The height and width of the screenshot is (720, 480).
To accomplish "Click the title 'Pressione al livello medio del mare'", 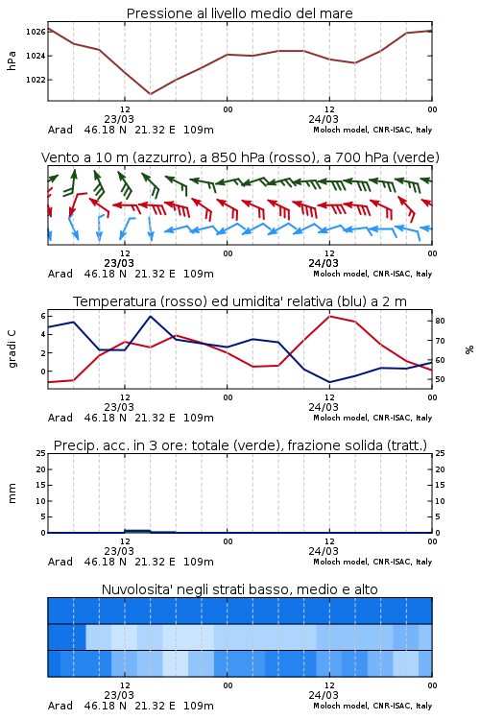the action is [239, 13].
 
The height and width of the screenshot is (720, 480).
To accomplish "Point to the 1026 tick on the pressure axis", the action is [36, 32].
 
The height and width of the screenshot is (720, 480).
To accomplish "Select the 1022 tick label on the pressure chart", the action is [36, 80].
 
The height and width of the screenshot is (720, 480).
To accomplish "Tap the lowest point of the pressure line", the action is [150, 94].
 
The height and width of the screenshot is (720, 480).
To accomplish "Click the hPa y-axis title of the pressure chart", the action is [12, 60].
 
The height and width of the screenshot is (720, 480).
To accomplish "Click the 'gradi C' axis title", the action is [12, 348].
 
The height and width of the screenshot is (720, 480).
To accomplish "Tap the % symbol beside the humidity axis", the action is [469, 349].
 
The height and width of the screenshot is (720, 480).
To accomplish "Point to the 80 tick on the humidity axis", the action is [440, 321].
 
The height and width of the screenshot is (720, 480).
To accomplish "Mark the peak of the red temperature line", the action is [329, 316].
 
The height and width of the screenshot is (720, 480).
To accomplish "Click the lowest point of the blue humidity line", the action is [329, 382].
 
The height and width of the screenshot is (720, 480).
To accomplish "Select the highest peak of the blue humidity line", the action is [150, 316].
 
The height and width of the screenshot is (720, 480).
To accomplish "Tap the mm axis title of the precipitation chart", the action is [12, 493].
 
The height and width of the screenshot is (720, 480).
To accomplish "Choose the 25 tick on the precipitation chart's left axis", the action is [41, 453].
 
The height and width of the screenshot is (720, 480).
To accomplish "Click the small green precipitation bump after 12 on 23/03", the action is [138, 531].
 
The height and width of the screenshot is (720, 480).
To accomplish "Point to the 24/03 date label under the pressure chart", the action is [324, 119].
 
